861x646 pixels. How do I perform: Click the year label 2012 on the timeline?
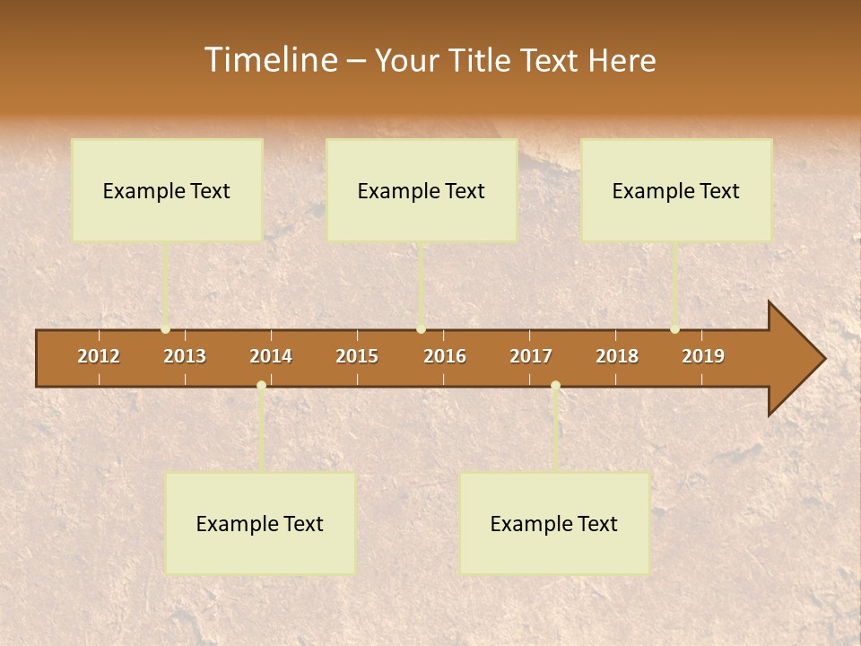[99, 356]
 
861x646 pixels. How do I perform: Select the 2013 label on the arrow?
[185, 356]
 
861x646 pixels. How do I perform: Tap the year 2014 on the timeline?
[271, 356]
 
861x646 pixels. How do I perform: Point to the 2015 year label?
[357, 356]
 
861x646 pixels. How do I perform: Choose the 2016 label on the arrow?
[445, 356]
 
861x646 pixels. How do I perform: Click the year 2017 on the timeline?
[531, 356]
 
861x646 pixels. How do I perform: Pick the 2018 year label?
[617, 356]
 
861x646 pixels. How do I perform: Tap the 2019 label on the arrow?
[703, 356]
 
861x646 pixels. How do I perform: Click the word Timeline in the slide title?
[269, 60]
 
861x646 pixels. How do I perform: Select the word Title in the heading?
[483, 60]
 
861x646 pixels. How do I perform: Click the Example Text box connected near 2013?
[167, 190]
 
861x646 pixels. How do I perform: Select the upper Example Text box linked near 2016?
[422, 190]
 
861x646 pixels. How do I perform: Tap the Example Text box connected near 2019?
[676, 190]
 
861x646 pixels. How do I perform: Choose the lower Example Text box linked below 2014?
[260, 523]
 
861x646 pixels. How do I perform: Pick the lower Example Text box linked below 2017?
[554, 523]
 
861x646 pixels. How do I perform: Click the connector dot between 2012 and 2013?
[166, 329]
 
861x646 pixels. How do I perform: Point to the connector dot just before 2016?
[421, 329]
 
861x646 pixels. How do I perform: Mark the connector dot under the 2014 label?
[261, 386]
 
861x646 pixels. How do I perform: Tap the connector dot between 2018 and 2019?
[674, 329]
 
